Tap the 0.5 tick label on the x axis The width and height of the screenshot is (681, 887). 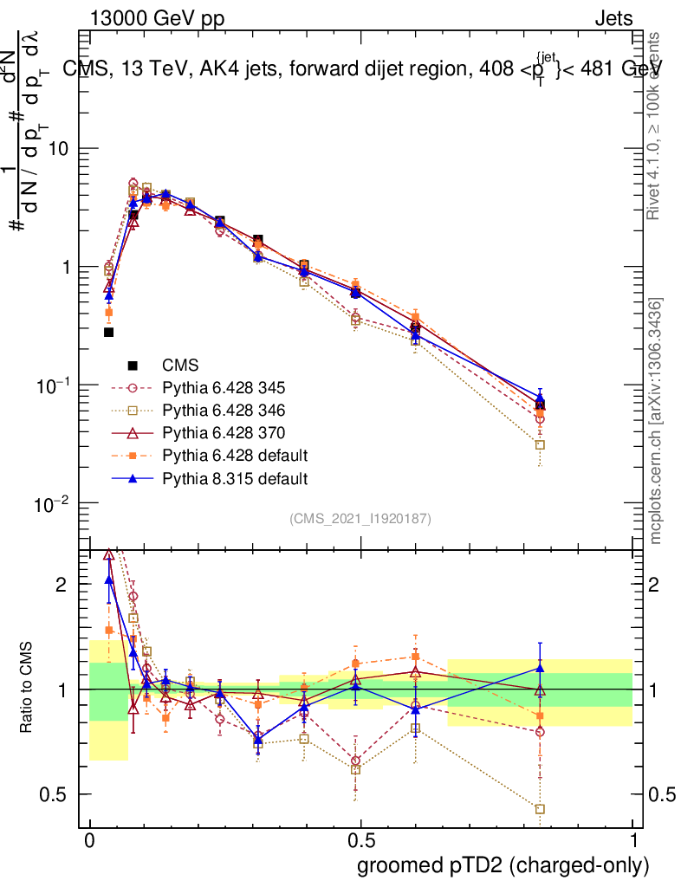(x=360, y=841)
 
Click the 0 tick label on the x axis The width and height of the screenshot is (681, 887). (x=89, y=841)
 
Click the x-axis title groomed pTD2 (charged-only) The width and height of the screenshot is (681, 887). (x=503, y=865)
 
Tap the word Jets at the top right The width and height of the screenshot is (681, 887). (x=613, y=17)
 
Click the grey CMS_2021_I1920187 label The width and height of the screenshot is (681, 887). (x=360, y=518)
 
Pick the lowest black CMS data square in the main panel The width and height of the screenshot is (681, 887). (x=109, y=332)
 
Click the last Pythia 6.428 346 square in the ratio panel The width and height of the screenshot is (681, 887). (x=540, y=809)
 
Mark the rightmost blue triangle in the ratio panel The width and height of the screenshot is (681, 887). (x=540, y=667)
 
